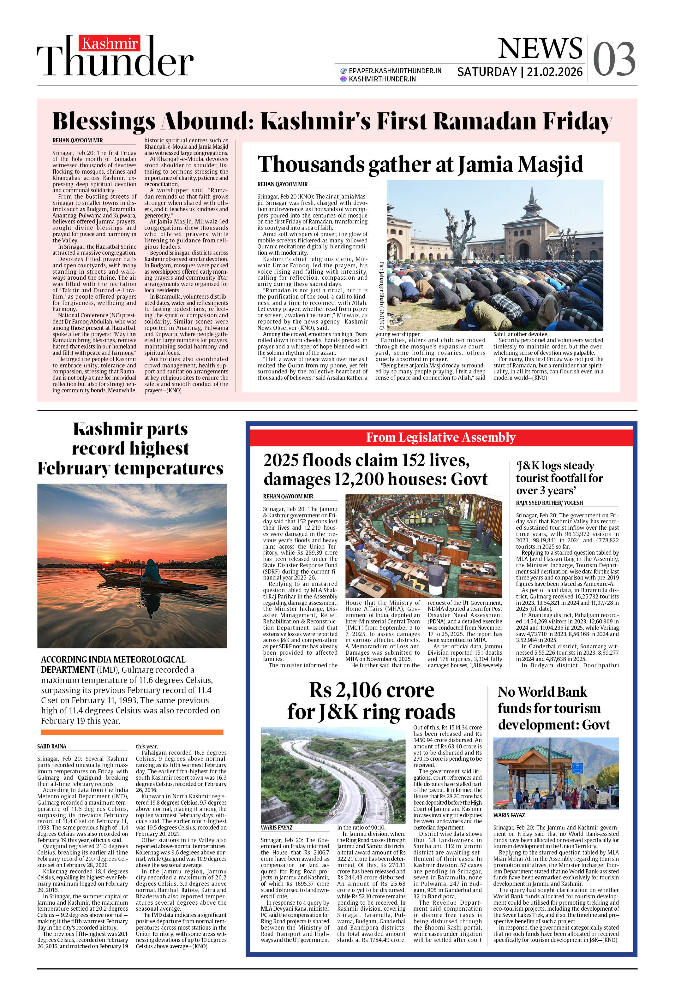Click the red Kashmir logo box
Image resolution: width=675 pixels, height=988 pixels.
pos(109,43)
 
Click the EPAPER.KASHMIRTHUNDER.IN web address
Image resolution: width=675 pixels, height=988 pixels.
pos(394,71)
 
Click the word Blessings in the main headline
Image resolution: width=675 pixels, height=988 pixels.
pos(104,122)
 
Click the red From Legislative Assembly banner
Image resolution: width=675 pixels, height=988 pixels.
pos(441,437)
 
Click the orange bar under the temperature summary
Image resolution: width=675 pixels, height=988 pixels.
pos(132,732)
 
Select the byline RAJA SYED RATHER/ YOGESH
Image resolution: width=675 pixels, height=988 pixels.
pos(549,503)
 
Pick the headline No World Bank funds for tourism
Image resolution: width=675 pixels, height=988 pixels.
pos(553,708)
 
